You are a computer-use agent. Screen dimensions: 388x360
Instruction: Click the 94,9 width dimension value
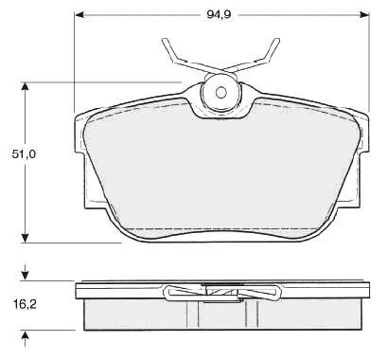[x=219, y=14]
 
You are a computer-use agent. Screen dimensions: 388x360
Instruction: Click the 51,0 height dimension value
[x=25, y=154]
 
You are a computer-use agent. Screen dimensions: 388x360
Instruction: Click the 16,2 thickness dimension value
[x=25, y=304]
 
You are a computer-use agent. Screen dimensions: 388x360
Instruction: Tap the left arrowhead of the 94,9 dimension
[x=80, y=14]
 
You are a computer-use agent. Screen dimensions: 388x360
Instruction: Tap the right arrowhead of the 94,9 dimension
[x=363, y=14]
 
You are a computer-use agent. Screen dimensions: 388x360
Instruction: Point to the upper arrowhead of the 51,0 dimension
[x=25, y=87]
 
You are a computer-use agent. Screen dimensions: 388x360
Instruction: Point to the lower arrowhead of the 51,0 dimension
[x=25, y=238]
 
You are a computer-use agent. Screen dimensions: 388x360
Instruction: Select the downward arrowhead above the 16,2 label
[x=25, y=276]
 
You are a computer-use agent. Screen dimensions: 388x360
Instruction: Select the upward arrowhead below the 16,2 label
[x=25, y=335]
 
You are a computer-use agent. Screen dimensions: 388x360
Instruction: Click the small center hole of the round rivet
[x=220, y=93]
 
